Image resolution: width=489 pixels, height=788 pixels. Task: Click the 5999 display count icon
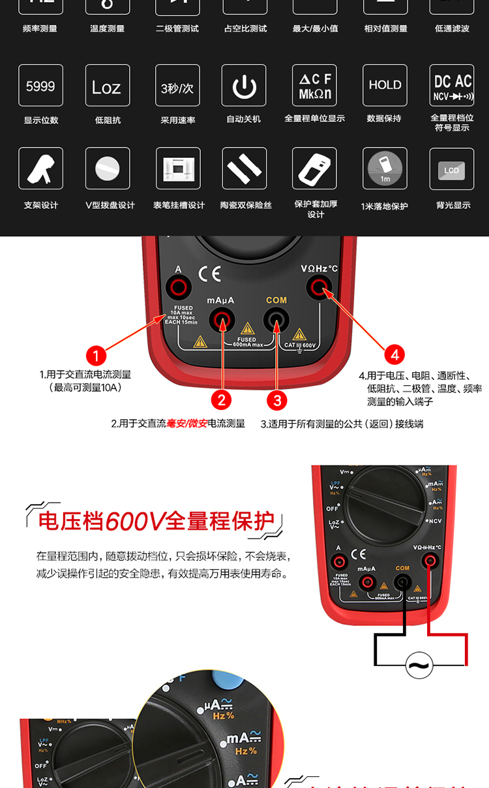(x=40, y=86)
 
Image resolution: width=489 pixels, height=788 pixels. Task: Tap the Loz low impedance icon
(x=107, y=86)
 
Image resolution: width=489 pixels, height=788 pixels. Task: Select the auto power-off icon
(x=244, y=86)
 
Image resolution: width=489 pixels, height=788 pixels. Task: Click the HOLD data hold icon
(x=385, y=86)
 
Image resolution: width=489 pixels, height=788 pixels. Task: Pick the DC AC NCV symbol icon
(x=452, y=86)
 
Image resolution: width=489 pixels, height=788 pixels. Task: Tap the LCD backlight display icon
(x=452, y=169)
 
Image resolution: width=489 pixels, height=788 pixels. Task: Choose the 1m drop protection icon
(x=385, y=168)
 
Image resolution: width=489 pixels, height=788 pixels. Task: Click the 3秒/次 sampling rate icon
(x=177, y=86)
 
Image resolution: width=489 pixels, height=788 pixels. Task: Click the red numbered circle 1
(x=96, y=356)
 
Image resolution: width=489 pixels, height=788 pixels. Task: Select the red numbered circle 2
(x=222, y=400)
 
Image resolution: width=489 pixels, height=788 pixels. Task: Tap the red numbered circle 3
(x=276, y=400)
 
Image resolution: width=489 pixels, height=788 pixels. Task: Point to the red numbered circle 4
(x=394, y=355)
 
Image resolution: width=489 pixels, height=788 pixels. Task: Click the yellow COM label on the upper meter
(x=276, y=300)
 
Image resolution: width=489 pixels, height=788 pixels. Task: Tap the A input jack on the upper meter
(x=178, y=287)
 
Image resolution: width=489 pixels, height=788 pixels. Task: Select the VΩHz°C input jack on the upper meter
(x=319, y=286)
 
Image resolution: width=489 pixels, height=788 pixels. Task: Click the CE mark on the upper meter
(x=211, y=273)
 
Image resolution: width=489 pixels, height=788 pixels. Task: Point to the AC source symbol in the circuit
(x=419, y=665)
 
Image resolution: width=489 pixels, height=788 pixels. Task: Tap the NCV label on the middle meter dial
(x=435, y=521)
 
